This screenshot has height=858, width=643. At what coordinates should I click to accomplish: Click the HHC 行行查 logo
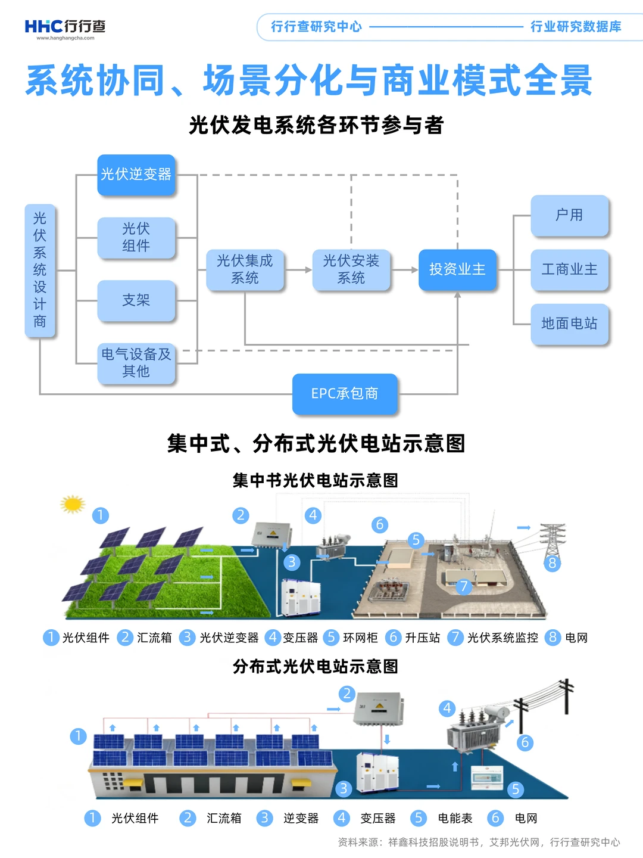click(x=65, y=27)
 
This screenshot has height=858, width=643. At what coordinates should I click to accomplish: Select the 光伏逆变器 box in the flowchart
click(x=136, y=175)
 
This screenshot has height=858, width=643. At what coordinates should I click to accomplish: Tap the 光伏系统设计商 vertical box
click(x=40, y=271)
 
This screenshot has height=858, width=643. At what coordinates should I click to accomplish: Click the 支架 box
click(x=136, y=300)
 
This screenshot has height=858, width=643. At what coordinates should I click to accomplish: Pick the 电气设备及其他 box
click(x=136, y=363)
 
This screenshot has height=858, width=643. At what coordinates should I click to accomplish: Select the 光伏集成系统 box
click(x=245, y=269)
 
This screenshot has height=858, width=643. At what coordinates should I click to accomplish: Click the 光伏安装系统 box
click(x=351, y=269)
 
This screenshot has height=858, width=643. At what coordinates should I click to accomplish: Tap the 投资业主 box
click(x=457, y=269)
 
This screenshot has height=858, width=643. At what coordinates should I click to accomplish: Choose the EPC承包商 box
click(x=345, y=394)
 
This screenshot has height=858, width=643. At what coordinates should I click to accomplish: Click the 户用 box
click(x=569, y=215)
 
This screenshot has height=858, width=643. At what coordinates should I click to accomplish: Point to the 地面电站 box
click(x=569, y=324)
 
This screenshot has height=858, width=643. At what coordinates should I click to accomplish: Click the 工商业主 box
click(x=569, y=269)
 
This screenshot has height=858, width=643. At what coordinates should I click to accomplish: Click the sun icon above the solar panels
click(x=73, y=504)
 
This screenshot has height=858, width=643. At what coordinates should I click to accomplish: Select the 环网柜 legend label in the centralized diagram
click(x=360, y=638)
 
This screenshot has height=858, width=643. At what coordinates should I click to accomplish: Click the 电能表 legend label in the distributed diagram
click(x=455, y=819)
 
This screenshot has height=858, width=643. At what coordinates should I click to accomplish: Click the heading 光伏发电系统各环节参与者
click(x=316, y=125)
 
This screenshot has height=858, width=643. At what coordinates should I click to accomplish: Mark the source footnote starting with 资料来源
click(x=479, y=843)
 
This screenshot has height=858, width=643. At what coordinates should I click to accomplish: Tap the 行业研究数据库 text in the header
click(x=576, y=27)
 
